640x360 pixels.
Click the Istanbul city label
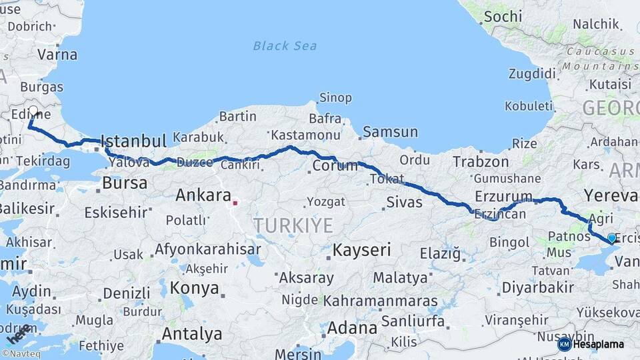coord(133,141)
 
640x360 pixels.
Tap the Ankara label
coord(202,195)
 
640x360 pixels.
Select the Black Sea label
coord(285,46)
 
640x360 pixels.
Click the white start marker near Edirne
coord(33,110)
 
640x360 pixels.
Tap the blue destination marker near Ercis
coord(611,237)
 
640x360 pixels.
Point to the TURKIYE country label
coord(293,225)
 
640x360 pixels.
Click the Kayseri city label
coord(361,251)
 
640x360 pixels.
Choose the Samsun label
coord(391,132)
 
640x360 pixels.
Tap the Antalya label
coord(192,333)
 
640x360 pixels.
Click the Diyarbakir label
coord(537,287)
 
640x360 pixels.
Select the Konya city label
coord(195,288)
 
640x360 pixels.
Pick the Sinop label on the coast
coord(335,97)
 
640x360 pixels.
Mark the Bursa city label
coord(125,183)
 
